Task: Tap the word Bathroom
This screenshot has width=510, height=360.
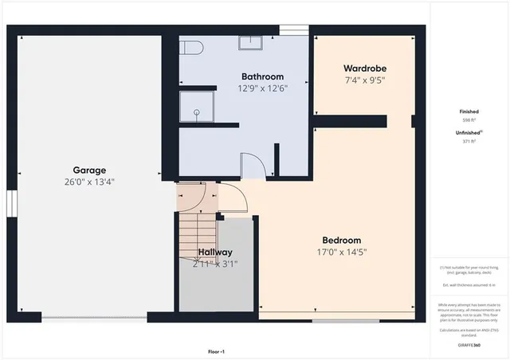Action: click(262, 77)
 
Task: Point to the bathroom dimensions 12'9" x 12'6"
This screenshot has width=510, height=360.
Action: click(262, 88)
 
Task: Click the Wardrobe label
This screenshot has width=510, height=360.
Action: click(366, 68)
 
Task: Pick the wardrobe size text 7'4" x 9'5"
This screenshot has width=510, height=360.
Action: click(366, 80)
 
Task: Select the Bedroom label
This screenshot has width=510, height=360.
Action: click(341, 241)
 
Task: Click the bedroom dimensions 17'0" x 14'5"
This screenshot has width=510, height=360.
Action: click(341, 252)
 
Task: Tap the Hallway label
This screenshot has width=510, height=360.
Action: click(215, 252)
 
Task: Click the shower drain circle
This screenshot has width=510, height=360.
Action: click(197, 113)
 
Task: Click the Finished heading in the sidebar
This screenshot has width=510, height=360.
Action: click(469, 112)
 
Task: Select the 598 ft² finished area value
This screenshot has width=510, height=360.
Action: click(469, 121)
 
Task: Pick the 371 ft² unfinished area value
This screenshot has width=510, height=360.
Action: click(469, 141)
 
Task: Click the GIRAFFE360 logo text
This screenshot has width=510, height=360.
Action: click(469, 345)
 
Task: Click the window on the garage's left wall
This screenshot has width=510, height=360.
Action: click(11, 203)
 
